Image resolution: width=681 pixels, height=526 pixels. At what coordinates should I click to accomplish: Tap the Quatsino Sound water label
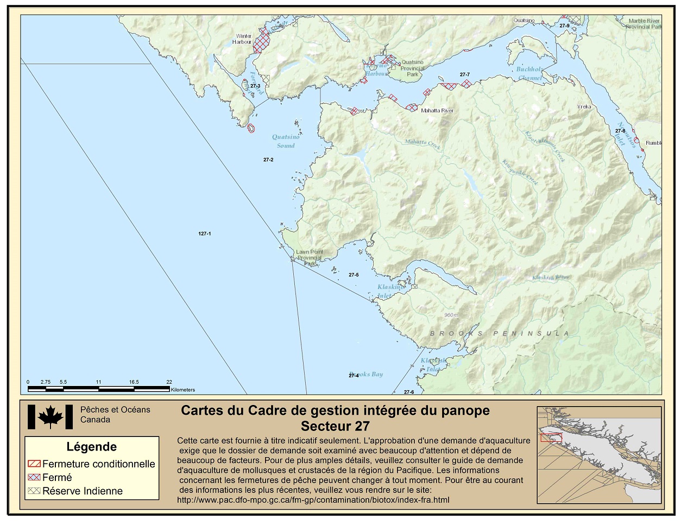286,141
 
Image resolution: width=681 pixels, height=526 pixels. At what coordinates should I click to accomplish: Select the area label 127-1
205,233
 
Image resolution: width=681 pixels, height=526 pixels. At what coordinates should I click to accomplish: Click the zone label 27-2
268,160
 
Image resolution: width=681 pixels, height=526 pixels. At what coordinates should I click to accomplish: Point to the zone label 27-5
354,275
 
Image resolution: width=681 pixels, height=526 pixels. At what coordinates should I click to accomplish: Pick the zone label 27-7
464,74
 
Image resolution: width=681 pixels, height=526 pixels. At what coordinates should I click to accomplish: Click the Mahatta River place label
437,111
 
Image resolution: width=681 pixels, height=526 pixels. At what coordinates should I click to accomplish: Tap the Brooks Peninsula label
500,333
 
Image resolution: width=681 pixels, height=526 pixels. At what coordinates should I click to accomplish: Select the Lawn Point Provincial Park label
310,255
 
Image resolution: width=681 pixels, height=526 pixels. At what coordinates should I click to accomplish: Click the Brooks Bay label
367,374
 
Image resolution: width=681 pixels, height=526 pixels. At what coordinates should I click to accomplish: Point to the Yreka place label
584,107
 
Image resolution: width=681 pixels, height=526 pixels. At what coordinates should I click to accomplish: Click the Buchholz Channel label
529,73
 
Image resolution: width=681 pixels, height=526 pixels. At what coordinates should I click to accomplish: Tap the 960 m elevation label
451,315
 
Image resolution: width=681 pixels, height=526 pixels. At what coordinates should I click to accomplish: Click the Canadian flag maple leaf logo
50,417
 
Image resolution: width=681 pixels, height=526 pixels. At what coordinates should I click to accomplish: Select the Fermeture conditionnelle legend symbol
34,464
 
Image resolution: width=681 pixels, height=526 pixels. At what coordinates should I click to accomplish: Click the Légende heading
91,447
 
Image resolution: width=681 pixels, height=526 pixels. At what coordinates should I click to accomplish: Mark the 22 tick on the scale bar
169,382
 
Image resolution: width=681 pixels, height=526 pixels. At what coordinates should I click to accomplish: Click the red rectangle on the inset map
551,438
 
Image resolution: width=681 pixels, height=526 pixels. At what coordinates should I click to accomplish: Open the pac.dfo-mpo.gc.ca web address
313,500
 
